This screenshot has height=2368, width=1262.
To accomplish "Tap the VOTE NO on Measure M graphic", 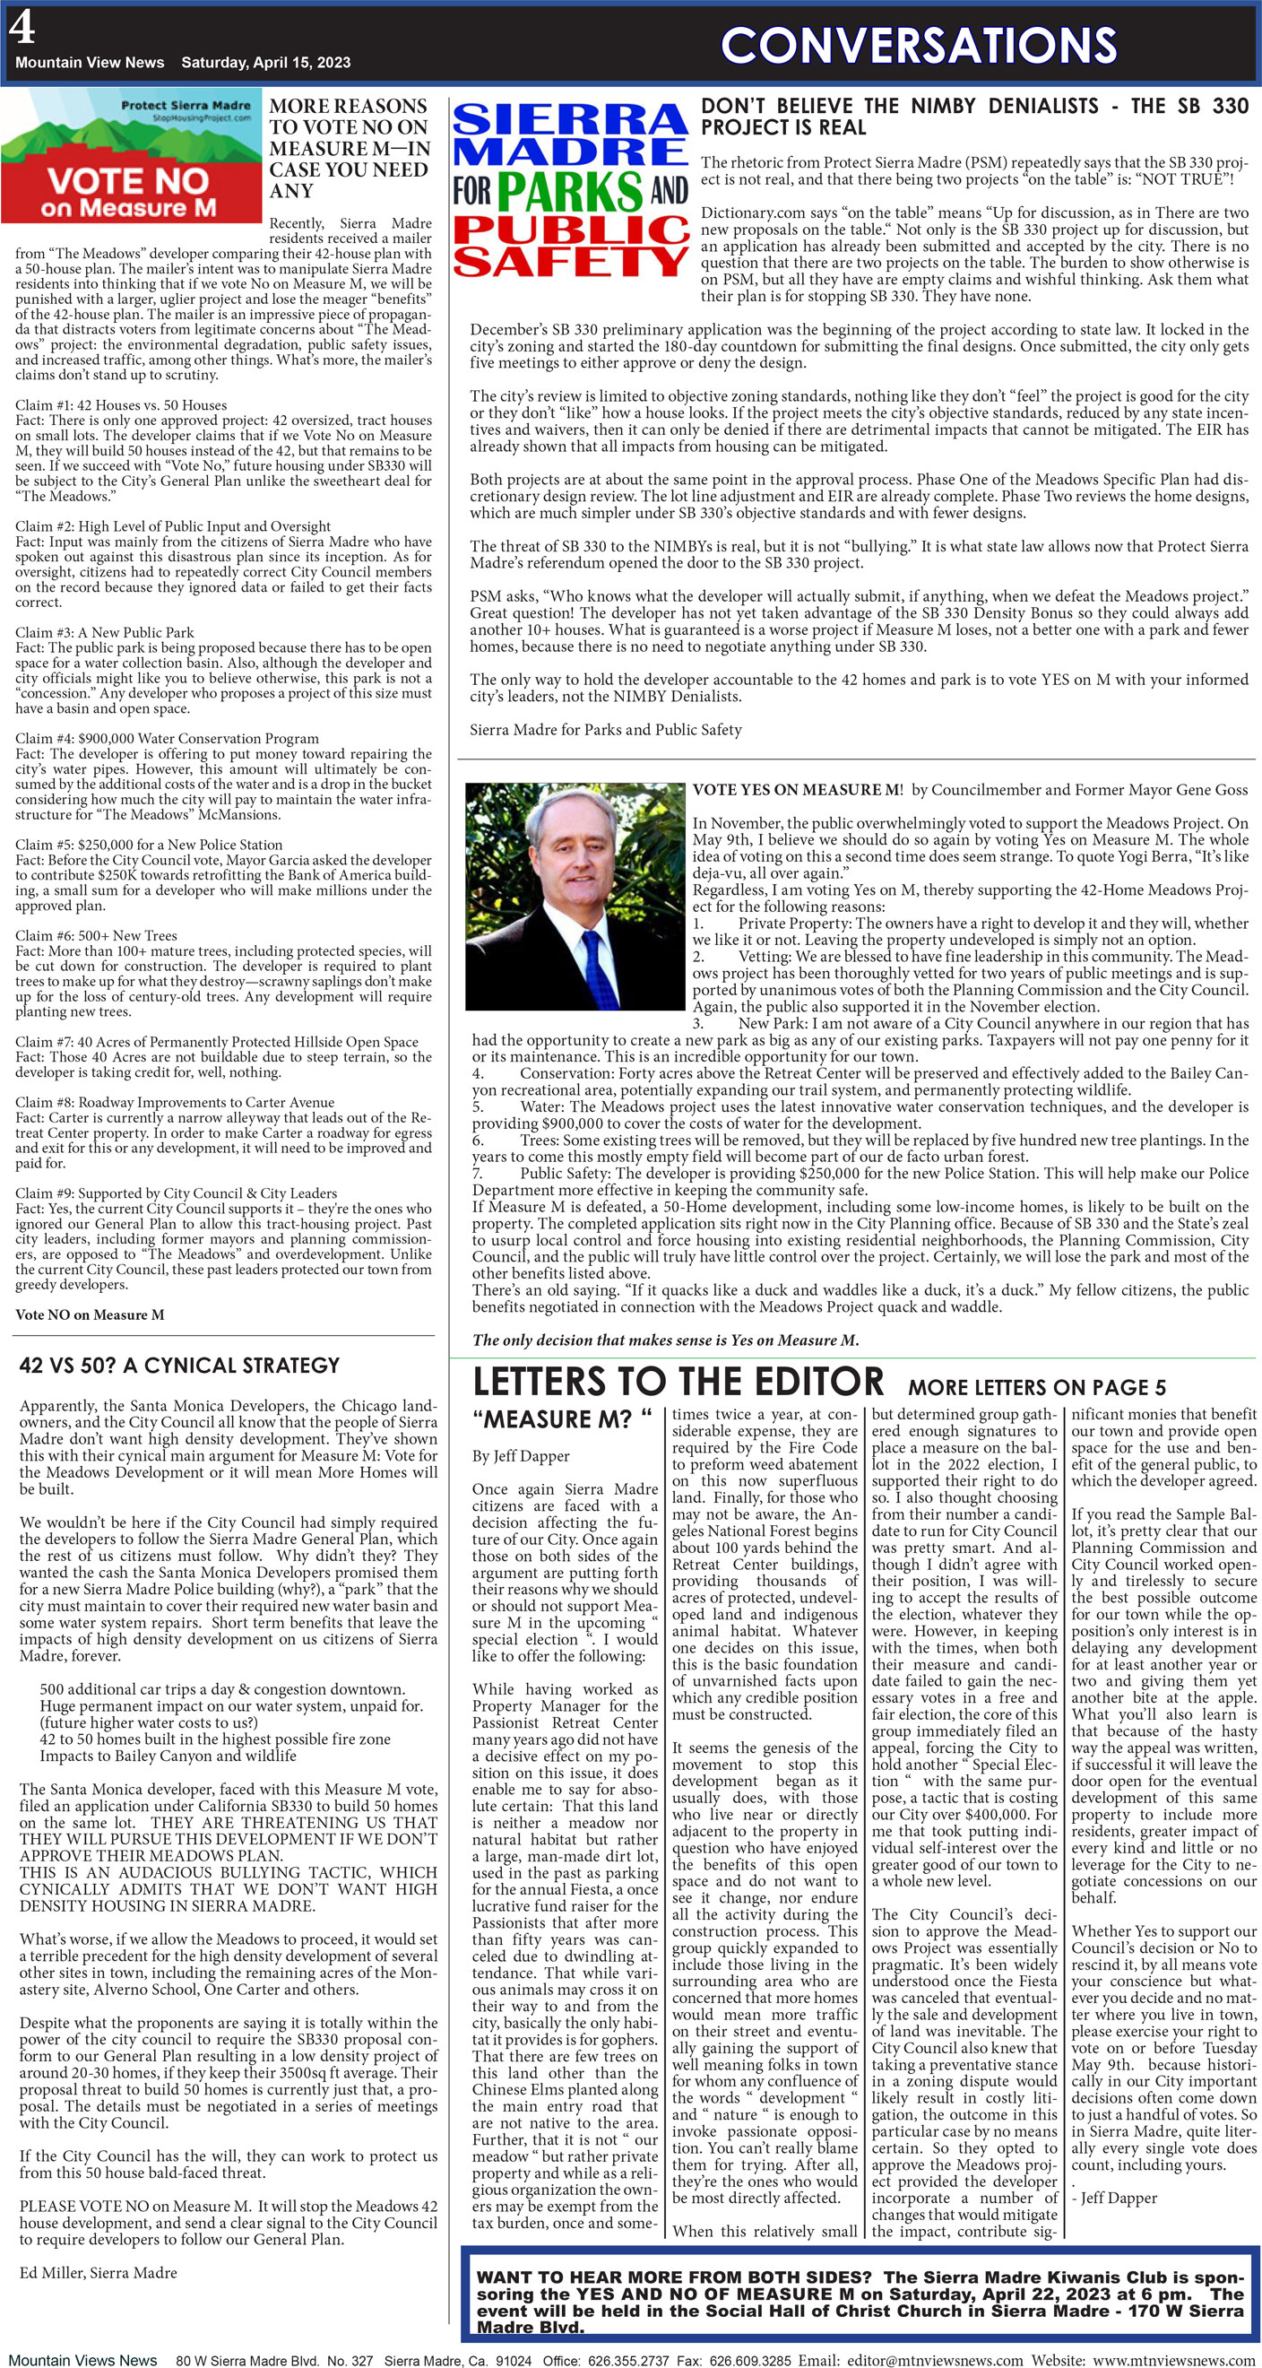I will (132, 156).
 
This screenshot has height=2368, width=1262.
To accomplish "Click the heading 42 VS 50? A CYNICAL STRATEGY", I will (179, 1365).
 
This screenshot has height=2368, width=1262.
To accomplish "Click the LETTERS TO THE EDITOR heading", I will (678, 1382).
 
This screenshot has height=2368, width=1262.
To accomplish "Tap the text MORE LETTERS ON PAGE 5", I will (1036, 1387).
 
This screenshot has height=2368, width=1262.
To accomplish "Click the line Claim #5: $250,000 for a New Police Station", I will (148, 844).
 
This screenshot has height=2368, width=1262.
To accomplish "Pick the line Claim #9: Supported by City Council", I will (176, 1193).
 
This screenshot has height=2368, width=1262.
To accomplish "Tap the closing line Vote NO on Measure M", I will (89, 1314).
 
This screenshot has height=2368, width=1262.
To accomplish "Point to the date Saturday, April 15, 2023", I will (265, 63).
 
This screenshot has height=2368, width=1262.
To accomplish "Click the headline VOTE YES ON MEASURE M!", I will (797, 790).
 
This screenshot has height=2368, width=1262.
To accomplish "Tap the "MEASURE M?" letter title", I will (562, 1420).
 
